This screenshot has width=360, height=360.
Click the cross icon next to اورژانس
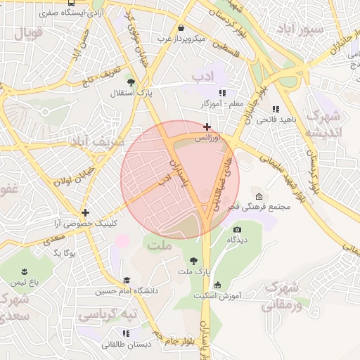pos(206,127)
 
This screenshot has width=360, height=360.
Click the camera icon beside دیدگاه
pos(237,229)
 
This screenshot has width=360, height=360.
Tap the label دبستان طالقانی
pos(127,344)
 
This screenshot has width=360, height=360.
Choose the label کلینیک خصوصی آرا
pos(85,223)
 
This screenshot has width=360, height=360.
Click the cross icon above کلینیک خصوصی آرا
pos(85,212)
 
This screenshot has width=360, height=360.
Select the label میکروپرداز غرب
pos(181,39)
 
